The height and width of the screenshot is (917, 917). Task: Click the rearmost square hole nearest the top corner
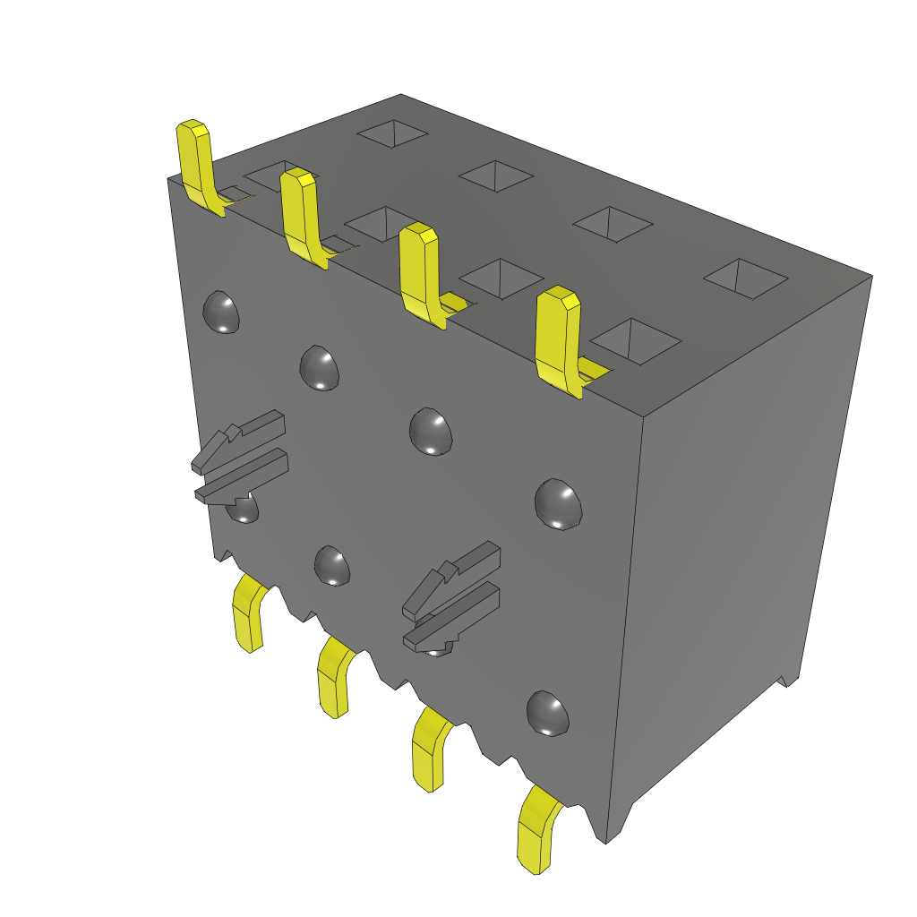[x=392, y=134]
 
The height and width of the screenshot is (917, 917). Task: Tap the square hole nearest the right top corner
[x=746, y=278]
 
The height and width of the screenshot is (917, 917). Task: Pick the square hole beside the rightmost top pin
[x=636, y=340]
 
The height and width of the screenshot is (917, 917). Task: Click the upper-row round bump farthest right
[x=558, y=504]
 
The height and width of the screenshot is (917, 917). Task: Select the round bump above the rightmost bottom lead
[x=548, y=714]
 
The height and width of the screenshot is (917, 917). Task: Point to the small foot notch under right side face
[x=788, y=681]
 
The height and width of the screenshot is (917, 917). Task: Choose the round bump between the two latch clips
[x=332, y=565]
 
